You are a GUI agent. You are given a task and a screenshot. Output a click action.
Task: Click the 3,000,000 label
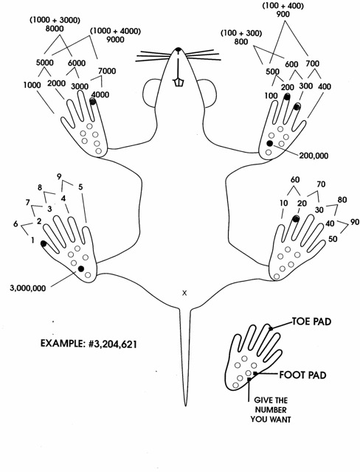pyautogui.click(x=27, y=288)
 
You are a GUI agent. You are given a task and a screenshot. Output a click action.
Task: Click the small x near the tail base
pyautogui.click(x=184, y=293)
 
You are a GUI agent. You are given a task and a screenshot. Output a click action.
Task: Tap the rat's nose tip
pyautogui.click(x=178, y=50)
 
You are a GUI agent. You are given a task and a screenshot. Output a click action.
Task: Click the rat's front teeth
pyautogui.click(x=178, y=82)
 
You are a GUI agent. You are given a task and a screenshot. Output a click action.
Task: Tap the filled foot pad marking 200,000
pyautogui.click(x=270, y=143)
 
